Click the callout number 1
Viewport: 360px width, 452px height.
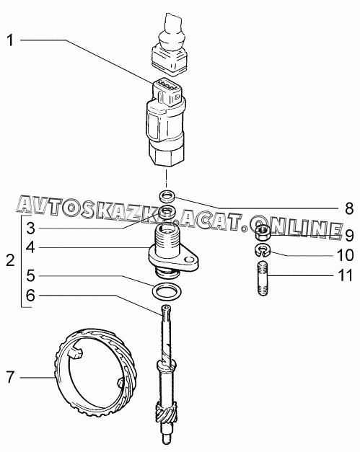point(10,40)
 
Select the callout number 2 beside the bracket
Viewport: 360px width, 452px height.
point(10,260)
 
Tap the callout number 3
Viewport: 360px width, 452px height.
point(30,229)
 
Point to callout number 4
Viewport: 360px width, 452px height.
point(30,247)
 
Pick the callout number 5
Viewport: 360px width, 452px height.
point(30,276)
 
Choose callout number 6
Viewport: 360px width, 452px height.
point(30,296)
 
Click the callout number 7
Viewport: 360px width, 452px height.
point(10,377)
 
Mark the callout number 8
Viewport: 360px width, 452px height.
point(349,208)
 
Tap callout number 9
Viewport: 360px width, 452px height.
point(349,236)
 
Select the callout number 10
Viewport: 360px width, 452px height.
point(345,255)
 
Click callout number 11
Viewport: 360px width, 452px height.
point(346,275)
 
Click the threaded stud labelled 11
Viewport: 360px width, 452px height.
point(262,278)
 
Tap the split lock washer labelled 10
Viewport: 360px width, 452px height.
point(262,250)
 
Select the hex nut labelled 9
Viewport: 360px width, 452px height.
point(263,233)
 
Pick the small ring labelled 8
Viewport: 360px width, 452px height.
point(167,197)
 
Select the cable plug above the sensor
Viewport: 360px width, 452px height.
point(170,46)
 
